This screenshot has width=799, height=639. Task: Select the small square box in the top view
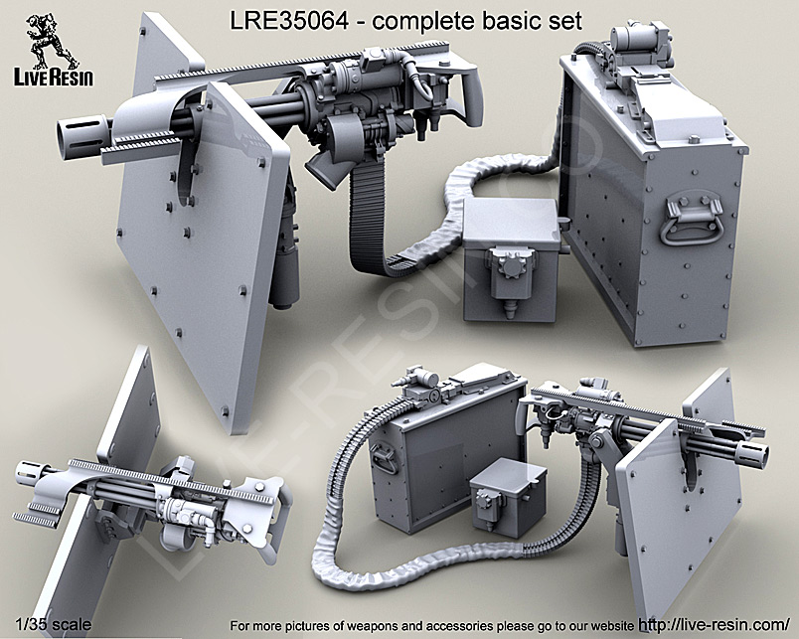(x=511, y=257)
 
